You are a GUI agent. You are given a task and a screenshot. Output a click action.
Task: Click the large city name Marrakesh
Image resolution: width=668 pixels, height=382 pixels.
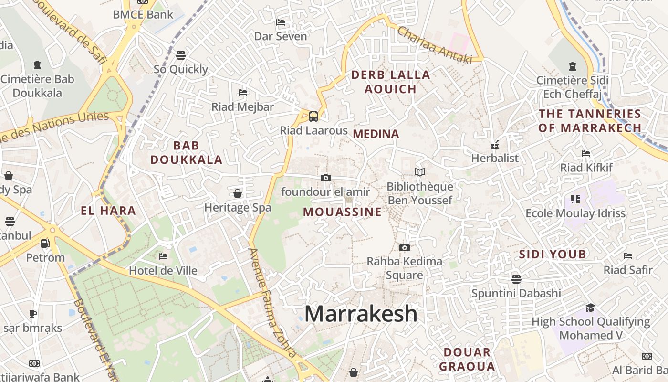tap(361, 314)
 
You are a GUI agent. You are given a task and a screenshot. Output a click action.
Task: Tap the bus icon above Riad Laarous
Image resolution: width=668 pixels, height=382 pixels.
tap(313, 116)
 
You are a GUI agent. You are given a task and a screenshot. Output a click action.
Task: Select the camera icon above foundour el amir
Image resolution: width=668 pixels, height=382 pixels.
tap(326, 178)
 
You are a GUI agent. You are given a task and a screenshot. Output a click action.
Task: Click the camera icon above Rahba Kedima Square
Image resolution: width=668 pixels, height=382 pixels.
tap(404, 247)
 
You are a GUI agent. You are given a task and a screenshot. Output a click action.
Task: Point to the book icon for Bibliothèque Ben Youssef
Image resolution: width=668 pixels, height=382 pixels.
tap(420, 172)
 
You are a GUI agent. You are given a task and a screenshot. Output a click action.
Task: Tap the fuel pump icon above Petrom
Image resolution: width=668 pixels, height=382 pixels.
tap(45, 243)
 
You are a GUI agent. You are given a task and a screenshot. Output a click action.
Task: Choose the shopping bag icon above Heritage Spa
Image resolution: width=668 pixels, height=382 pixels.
tap(238, 193)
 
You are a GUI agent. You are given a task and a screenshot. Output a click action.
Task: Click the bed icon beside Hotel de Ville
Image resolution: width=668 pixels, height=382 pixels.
tap(163, 256)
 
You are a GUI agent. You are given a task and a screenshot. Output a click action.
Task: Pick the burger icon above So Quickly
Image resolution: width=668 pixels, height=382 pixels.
tap(180, 55)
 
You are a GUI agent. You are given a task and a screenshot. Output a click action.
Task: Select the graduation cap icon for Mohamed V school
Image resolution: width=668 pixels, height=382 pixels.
tap(591, 308)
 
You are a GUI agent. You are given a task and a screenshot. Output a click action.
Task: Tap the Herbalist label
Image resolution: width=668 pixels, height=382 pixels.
tap(495, 158)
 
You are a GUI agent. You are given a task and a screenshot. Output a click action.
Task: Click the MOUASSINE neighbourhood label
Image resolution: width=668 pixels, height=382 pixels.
tap(343, 212)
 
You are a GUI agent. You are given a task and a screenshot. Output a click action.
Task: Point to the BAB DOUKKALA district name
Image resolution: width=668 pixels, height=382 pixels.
tap(187, 153)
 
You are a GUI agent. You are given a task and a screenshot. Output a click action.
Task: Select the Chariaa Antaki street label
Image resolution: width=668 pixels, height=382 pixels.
tap(434, 45)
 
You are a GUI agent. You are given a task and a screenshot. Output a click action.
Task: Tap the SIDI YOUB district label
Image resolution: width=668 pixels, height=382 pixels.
tap(552, 254)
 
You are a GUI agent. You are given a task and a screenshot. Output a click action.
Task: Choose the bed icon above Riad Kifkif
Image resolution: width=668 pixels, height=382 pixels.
tap(586, 154)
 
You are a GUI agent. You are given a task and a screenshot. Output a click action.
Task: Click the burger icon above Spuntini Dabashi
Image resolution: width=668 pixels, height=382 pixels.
tap(516, 279)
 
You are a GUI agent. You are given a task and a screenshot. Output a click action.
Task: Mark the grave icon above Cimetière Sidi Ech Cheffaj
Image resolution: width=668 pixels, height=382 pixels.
tap(573, 66)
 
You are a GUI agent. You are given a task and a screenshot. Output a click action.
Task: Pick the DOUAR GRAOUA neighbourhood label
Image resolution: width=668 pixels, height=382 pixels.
tap(467, 360)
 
